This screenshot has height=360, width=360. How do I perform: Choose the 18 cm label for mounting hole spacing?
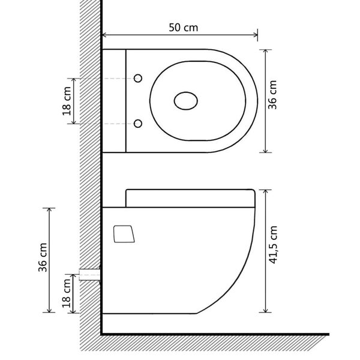[x=67, y=100]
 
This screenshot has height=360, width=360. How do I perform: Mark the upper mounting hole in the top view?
[x=139, y=79]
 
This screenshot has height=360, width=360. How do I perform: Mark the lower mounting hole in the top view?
[x=139, y=124]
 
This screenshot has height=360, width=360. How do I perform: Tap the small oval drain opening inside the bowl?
[x=186, y=101]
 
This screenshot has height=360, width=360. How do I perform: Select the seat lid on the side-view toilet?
[x=190, y=197]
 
